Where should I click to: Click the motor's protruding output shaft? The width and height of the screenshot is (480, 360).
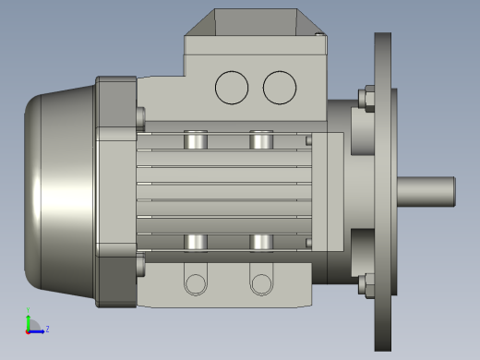(x=427, y=191)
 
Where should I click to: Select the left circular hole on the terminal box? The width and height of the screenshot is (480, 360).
(x=232, y=87)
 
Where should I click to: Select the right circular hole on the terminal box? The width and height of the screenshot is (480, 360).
(x=279, y=87)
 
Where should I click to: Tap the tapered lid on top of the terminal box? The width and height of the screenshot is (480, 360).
(x=254, y=24)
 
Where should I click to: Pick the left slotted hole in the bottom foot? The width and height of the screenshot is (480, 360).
(x=195, y=282)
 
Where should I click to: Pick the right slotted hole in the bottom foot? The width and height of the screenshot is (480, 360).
(x=261, y=282)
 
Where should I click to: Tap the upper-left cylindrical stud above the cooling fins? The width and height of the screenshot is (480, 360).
(x=196, y=140)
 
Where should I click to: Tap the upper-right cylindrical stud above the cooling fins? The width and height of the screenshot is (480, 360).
(x=261, y=140)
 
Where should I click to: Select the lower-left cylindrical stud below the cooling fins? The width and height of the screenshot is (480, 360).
(x=196, y=242)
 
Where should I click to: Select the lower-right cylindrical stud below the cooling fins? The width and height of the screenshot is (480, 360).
(x=261, y=242)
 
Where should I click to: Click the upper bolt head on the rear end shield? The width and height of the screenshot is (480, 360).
(x=140, y=117)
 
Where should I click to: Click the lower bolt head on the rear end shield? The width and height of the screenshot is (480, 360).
(x=140, y=267)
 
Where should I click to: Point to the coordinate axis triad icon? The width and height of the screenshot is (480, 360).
(x=32, y=325)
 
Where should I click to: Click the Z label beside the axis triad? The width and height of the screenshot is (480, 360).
(x=47, y=328)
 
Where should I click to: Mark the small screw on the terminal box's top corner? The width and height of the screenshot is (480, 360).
(x=319, y=36)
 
